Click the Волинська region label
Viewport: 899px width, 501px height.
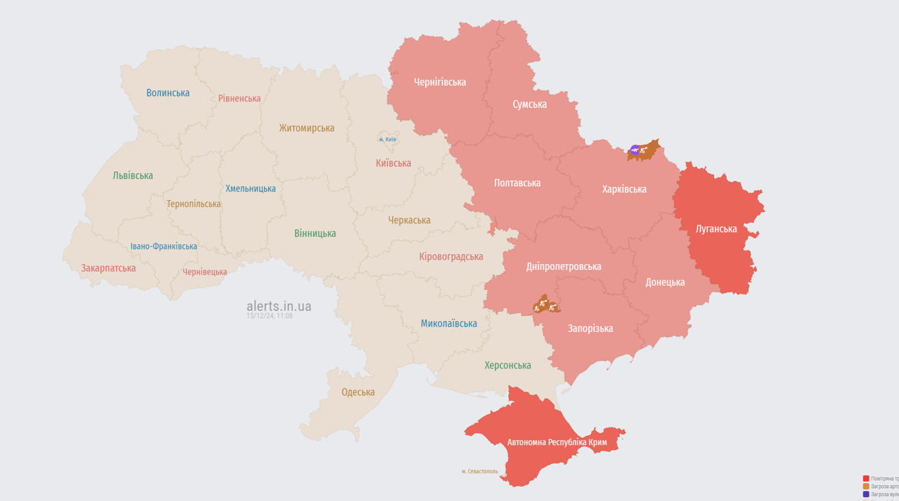pos(168,93)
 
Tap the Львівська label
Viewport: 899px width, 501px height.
pos(133,176)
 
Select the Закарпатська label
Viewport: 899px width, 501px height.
pos(109,268)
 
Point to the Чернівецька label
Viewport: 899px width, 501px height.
pos(205,272)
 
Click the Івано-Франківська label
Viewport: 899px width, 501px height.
pos(164,246)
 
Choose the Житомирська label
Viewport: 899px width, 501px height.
pos(307,128)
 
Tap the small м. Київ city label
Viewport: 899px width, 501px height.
pos(388,140)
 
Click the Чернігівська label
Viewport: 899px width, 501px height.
pos(440,82)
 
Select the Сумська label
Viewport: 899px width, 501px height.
pos(530,104)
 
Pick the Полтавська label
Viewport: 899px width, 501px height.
pos(517,183)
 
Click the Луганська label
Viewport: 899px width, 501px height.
pos(716,229)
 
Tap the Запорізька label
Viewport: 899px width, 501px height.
pos(590,329)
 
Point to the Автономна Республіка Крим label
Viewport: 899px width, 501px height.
pos(557,442)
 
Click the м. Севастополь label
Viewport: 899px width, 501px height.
pos(480,471)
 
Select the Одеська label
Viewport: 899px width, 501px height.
pos(358,392)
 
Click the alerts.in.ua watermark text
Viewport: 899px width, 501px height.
pos(278,306)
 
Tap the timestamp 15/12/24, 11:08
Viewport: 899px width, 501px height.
pos(270,316)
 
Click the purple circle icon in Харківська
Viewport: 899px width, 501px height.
pos(634,150)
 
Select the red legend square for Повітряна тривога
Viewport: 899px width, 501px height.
pos(866,479)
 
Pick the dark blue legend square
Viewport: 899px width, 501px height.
pos(866,494)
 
